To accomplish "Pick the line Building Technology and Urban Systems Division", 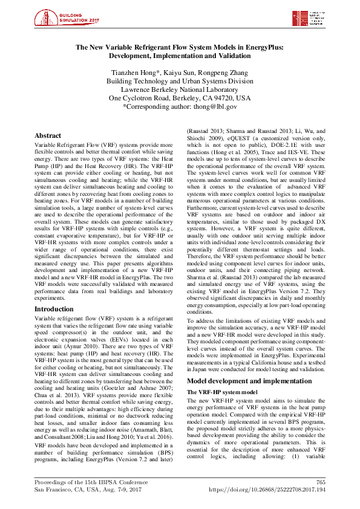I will [180, 80].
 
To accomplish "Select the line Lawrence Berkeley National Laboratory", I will [180, 89].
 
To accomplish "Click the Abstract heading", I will [48, 136].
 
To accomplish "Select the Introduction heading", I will [54, 308].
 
